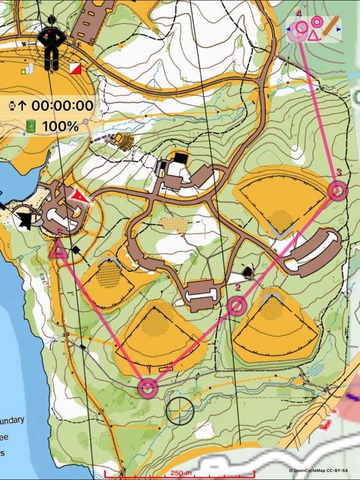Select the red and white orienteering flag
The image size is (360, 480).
click(76, 68)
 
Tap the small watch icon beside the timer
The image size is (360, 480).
click(12, 106)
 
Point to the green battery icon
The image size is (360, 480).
click(31, 126)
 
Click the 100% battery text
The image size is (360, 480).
click(60, 126)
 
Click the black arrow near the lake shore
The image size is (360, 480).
click(25, 220)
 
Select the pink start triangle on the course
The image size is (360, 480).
click(58, 251)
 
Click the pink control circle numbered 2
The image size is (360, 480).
click(236, 306)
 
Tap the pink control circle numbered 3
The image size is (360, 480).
click(337, 191)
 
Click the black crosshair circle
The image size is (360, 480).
click(179, 410)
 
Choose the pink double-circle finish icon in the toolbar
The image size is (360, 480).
click(316, 22)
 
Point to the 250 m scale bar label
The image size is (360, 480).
click(181, 473)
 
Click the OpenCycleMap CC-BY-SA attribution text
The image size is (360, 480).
click(322, 471)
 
